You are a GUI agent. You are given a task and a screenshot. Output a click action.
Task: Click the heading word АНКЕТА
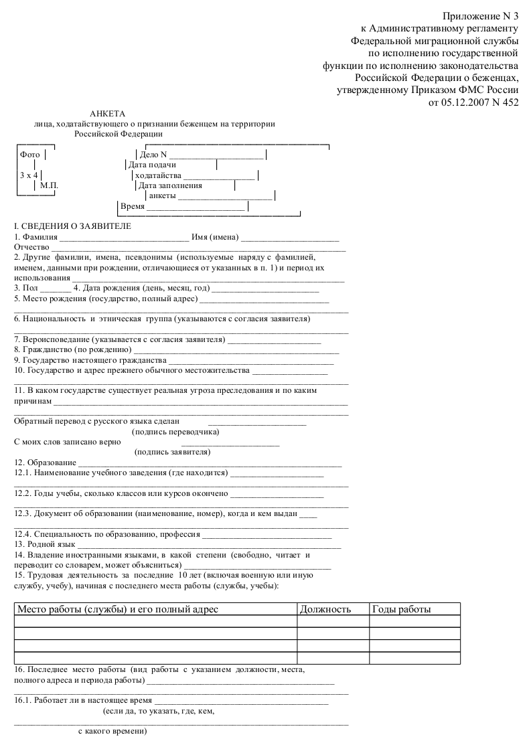pyautogui.click(x=107, y=114)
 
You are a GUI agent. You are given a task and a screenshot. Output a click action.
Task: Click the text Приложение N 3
pyautogui.click(x=480, y=16)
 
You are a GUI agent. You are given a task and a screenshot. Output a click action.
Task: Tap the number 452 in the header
pyautogui.click(x=510, y=102)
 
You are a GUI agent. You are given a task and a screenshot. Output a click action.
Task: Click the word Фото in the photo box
pyautogui.click(x=30, y=154)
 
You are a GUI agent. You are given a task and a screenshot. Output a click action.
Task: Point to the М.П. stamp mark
pyautogui.click(x=49, y=185)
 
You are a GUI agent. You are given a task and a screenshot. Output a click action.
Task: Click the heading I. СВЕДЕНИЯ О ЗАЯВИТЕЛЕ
pyautogui.click(x=73, y=226)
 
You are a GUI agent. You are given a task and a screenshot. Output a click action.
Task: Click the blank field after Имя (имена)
pyautogui.click(x=290, y=238)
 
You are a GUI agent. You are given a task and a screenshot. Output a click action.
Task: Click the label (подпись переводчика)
pyautogui.click(x=175, y=432)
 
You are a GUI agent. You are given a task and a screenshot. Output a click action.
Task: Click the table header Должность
pyautogui.click(x=325, y=609)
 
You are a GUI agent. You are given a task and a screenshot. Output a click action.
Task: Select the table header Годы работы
pyautogui.click(x=402, y=609)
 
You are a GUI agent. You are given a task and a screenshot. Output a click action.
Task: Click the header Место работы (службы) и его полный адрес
pyautogui.click(x=118, y=609)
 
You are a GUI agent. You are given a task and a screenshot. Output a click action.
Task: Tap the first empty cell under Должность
pyautogui.click(x=333, y=621)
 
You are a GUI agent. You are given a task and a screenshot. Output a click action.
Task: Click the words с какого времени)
pyautogui.click(x=112, y=732)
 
